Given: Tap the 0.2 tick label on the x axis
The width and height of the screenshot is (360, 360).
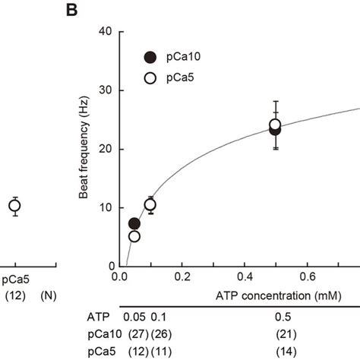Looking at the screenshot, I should point(181,277).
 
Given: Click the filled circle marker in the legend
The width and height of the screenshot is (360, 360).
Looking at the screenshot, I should point(150,56).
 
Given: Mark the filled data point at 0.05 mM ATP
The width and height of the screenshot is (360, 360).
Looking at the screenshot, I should point(134,223).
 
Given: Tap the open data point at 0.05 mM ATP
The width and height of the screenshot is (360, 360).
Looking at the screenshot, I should point(134,236).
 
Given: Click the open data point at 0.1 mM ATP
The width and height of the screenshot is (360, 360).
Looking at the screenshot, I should point(150,205).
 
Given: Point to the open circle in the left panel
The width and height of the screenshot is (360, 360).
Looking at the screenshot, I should point(14,205).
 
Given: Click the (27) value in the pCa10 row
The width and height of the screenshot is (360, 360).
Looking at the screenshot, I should point(134,333).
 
